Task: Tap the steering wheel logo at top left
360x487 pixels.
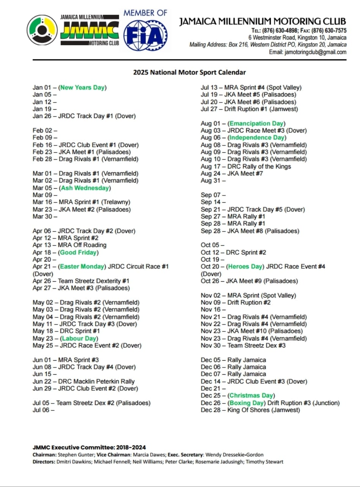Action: [x=42, y=30]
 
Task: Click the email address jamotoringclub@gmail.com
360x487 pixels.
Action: [x=315, y=52]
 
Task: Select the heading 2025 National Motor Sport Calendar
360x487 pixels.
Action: [x=189, y=72]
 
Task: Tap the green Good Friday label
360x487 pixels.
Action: [x=78, y=252]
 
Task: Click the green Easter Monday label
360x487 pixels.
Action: [x=82, y=266]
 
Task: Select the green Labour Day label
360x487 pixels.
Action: [x=79, y=338]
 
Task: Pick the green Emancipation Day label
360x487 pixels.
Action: [x=256, y=123]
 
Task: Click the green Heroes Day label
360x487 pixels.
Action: [x=245, y=266]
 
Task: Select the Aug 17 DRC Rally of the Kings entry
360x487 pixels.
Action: [x=246, y=166]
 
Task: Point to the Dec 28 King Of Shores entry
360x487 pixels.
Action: [x=250, y=410]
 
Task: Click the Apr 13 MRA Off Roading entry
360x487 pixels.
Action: [x=69, y=245]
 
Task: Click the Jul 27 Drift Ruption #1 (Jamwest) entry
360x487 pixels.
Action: [x=249, y=109]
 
